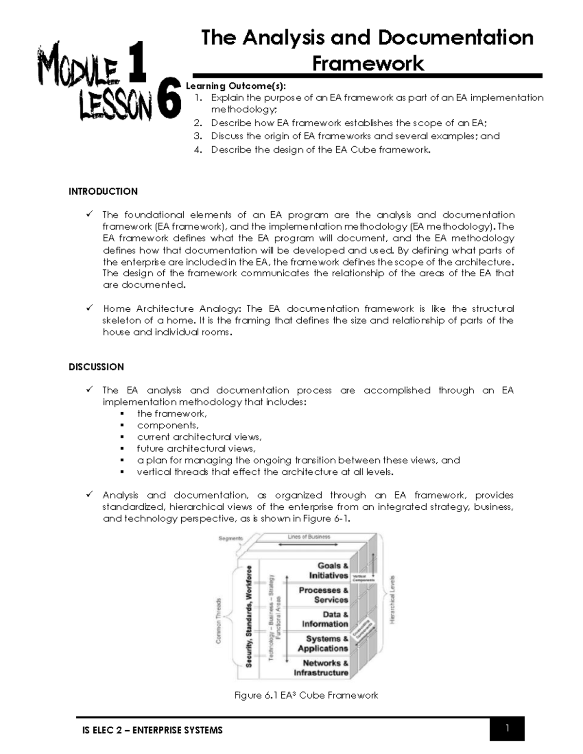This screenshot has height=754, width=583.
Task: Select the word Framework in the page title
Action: (368, 64)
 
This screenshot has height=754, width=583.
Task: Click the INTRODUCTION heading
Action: (103, 191)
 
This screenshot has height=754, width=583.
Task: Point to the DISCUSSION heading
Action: (96, 367)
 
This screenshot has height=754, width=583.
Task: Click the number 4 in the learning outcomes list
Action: (197, 150)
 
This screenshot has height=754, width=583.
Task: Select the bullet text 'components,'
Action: (168, 425)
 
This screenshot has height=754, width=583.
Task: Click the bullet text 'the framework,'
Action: (172, 414)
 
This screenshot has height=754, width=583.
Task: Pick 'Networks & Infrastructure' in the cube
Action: (321, 668)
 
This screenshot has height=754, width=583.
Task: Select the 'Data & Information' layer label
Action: (325, 619)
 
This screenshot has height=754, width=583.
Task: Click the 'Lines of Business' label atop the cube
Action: (309, 537)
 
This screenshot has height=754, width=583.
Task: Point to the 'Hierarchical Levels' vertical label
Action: (393, 600)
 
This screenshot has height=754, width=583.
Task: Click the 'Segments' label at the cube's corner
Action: (230, 538)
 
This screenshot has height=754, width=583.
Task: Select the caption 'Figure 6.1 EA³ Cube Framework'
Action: (306, 695)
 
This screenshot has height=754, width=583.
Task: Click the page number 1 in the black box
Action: (507, 728)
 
